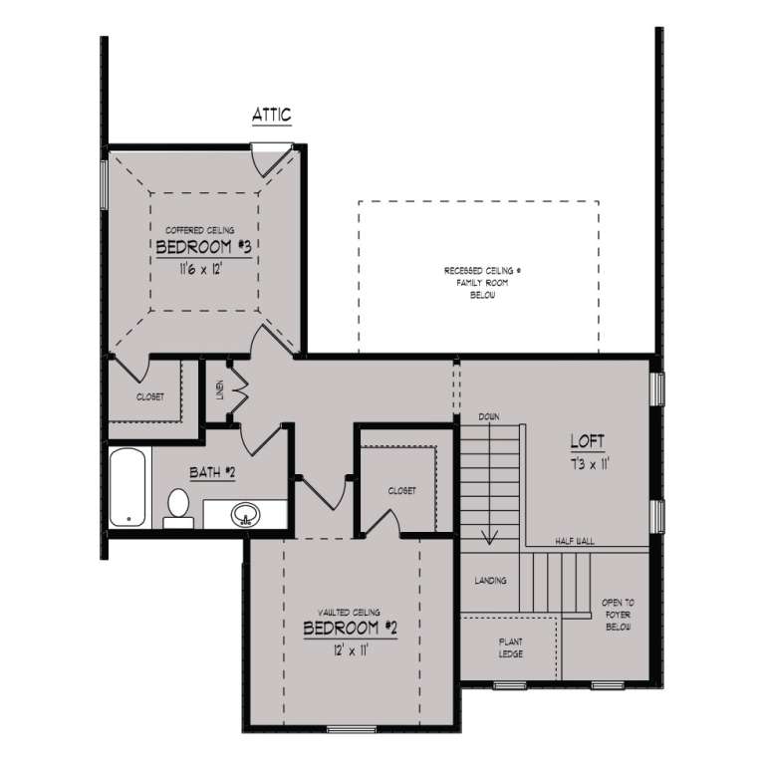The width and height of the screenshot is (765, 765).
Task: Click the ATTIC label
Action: (x=272, y=116)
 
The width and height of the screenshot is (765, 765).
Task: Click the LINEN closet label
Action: (x=220, y=387)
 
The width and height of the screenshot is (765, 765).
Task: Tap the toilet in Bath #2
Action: (x=178, y=505)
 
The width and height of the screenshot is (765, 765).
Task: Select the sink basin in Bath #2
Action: (x=244, y=516)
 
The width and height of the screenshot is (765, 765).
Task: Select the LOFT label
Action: (x=587, y=440)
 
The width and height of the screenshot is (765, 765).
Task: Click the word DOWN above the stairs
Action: (x=488, y=415)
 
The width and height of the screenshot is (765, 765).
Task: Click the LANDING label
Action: (x=490, y=581)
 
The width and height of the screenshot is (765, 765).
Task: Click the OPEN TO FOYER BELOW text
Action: (x=618, y=616)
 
